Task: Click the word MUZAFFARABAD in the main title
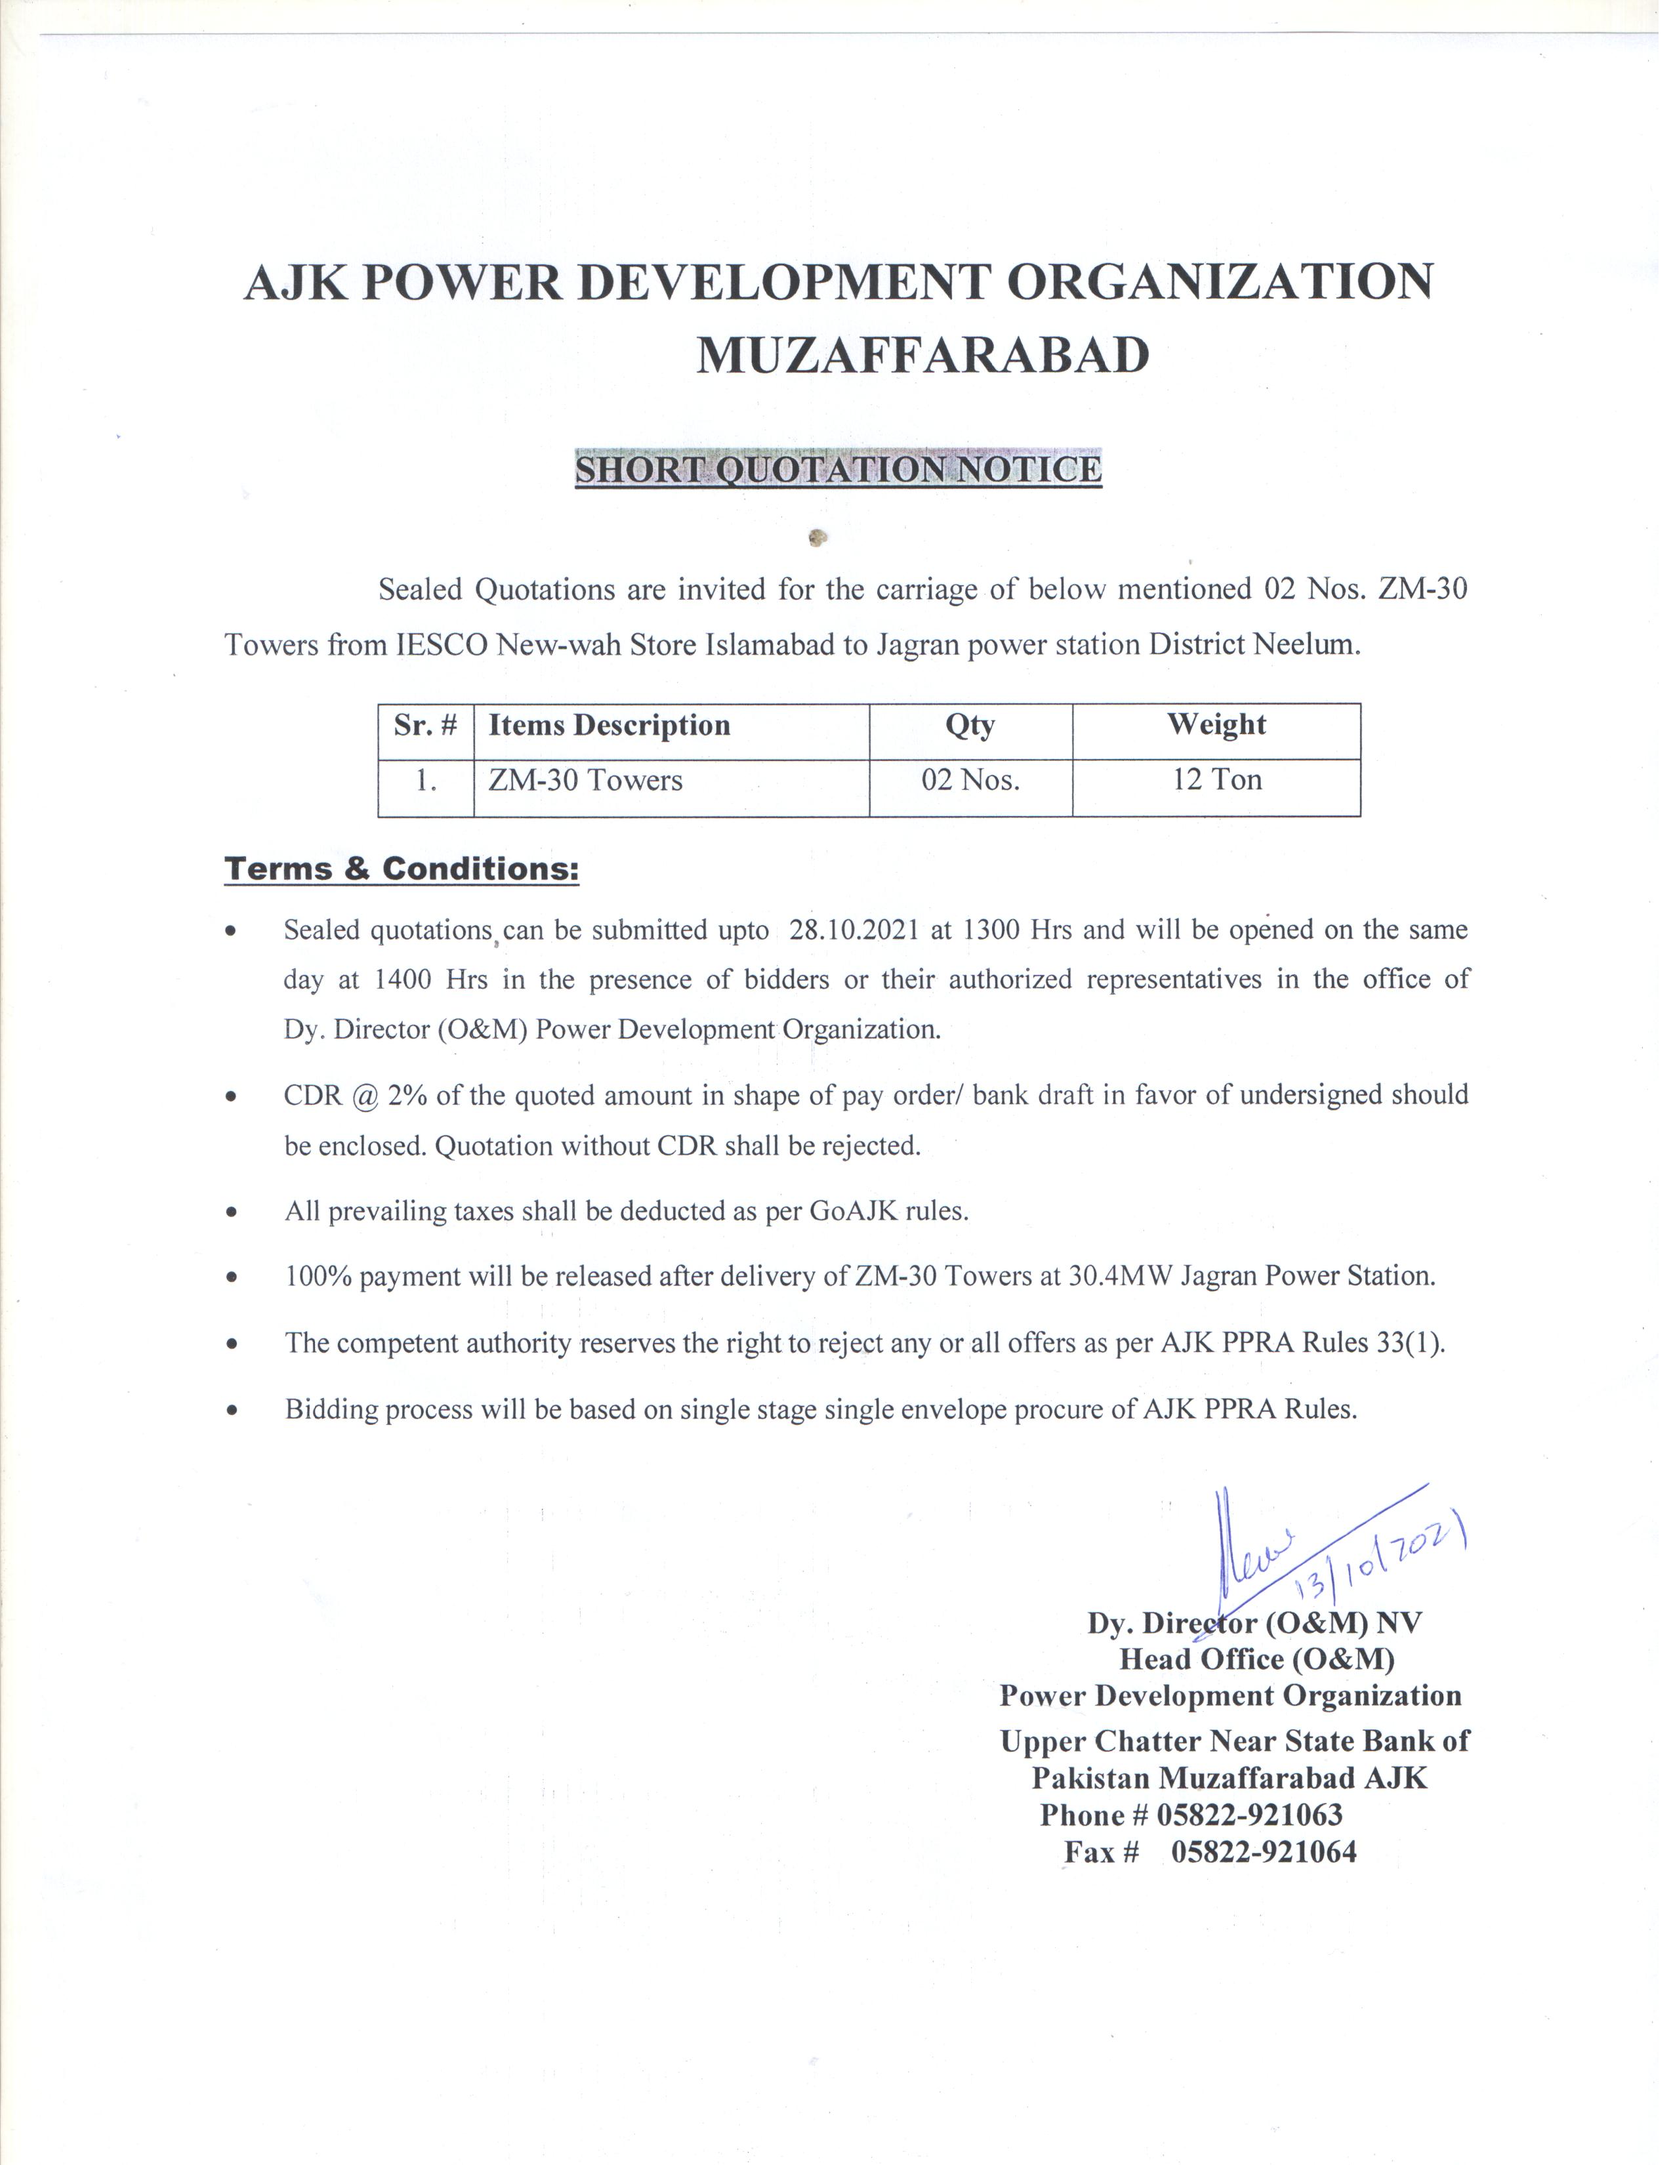tap(922, 355)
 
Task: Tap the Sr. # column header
tap(425, 726)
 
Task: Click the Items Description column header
tap(609, 726)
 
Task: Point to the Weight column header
tap(1216, 725)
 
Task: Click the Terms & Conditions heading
tap(402, 869)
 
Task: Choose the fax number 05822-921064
tap(1264, 1852)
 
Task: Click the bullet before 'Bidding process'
tap(231, 1411)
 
